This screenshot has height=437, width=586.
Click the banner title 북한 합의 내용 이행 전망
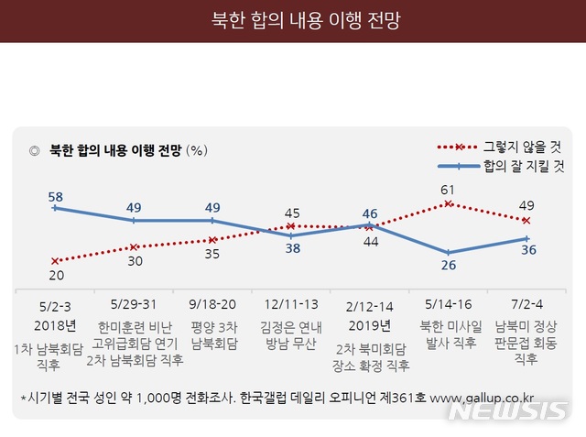click(x=293, y=19)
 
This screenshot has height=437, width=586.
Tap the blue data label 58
click(x=55, y=196)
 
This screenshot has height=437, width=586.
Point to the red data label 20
click(x=55, y=275)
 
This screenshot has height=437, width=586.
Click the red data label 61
click(x=448, y=191)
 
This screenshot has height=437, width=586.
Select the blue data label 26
click(x=448, y=266)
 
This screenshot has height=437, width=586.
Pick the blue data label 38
click(x=290, y=247)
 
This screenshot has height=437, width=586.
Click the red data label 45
click(x=290, y=213)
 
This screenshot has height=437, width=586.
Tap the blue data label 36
click(x=526, y=249)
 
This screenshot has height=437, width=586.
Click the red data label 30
click(x=134, y=261)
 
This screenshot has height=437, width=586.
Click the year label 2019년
click(x=370, y=325)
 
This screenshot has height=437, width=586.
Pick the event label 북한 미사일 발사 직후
click(x=448, y=334)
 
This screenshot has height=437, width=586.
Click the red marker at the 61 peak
click(x=448, y=203)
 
